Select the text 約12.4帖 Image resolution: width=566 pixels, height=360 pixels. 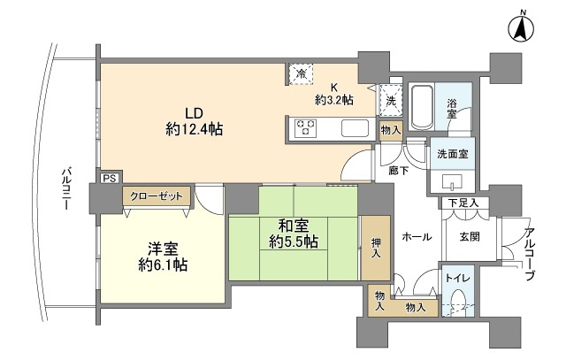194,129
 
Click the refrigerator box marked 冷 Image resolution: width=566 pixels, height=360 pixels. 302,73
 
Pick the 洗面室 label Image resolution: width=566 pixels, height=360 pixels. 452,153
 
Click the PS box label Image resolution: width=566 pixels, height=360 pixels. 110,178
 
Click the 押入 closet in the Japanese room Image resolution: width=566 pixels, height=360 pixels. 376,248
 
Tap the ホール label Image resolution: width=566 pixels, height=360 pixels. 417,237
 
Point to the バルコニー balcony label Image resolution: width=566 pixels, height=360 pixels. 66,188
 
